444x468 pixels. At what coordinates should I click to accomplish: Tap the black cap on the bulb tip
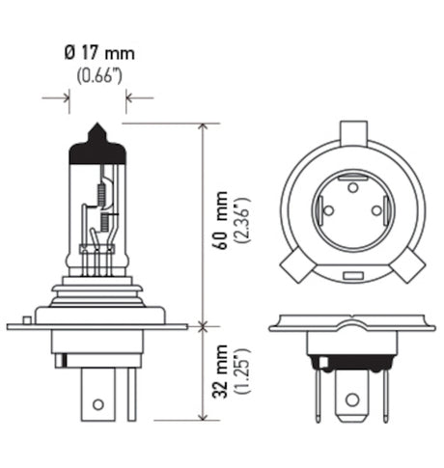pyautogui.click(x=97, y=134)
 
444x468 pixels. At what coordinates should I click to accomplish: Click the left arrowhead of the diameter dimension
pyautogui.click(x=66, y=96)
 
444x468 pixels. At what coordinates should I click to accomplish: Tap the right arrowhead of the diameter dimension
pyautogui.click(x=129, y=96)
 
